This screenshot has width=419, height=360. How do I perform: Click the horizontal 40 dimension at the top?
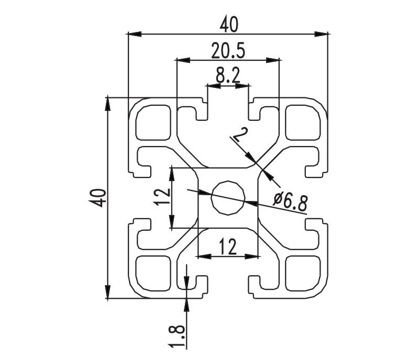point(228,25)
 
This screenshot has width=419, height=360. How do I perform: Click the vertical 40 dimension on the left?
point(97,198)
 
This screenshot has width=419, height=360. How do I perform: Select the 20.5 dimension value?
point(228,50)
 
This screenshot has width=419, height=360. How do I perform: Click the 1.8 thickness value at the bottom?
point(177,336)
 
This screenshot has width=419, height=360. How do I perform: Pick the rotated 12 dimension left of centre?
point(162,197)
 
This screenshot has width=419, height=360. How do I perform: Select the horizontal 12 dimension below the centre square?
point(228,246)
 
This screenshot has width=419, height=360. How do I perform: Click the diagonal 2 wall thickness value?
point(240,134)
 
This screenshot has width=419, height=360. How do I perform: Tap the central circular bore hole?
point(228,198)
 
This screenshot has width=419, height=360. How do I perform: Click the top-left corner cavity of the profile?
point(153,122)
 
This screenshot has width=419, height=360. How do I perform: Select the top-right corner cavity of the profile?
point(303,122)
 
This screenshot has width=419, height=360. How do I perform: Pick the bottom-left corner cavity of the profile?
point(153,273)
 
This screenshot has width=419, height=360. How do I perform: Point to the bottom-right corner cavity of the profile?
point(303,273)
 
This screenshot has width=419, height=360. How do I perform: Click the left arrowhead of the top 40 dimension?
point(135,34)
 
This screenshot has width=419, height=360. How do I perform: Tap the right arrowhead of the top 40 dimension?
point(321,34)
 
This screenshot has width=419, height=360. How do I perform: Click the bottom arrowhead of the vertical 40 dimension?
point(108,291)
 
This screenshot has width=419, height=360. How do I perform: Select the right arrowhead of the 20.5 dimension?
point(272,60)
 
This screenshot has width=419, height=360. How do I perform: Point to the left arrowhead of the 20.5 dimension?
point(183,60)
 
